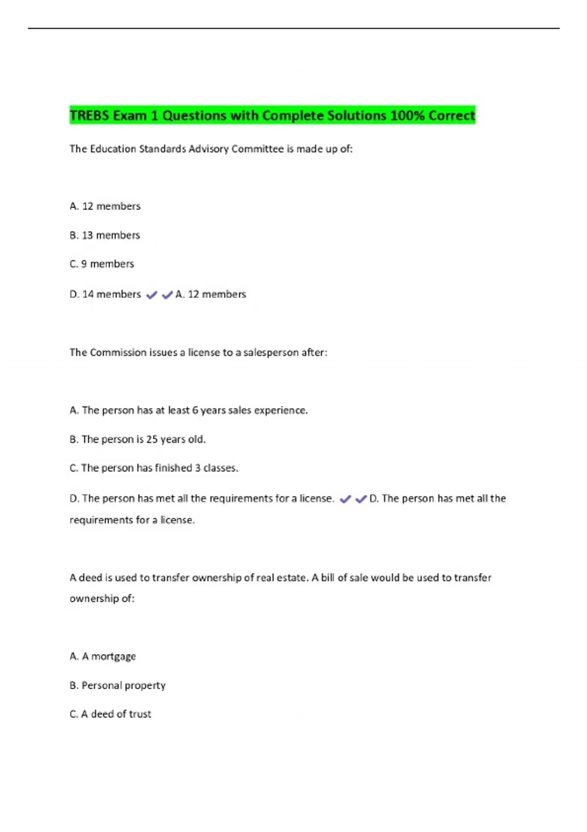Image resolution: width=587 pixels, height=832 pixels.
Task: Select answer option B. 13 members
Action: [105, 235]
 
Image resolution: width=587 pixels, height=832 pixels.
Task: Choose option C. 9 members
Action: [102, 264]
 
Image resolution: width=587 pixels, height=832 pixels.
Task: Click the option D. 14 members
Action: [105, 294]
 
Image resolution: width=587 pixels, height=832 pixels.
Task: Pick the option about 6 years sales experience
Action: [189, 410]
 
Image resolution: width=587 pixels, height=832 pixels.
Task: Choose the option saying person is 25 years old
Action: [137, 439]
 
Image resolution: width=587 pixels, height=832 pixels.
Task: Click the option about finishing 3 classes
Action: [154, 468]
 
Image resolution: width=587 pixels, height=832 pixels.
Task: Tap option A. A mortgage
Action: [103, 656]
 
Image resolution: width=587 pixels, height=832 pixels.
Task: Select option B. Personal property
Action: [117, 685]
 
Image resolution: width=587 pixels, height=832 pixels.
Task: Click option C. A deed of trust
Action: [111, 714]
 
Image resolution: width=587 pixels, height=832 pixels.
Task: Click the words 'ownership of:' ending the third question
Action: [102, 599]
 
